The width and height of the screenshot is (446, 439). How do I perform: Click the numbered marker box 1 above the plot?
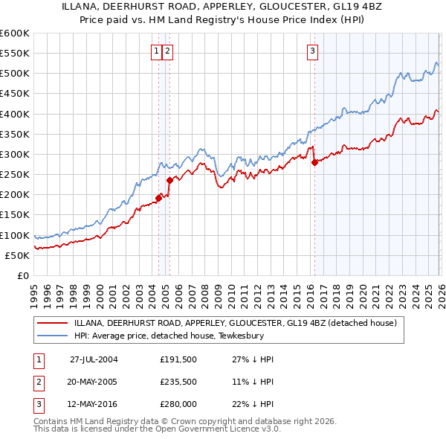[x=157, y=51]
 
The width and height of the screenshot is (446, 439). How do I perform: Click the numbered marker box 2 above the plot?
[x=167, y=51]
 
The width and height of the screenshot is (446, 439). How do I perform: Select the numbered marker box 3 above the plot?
[x=313, y=51]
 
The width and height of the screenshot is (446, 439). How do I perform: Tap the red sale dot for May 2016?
[x=314, y=162]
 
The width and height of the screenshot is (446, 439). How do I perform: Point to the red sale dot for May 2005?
[x=169, y=180]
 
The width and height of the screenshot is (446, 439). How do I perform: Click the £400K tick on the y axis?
[x=15, y=114]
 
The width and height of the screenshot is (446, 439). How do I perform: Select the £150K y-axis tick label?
[x=15, y=215]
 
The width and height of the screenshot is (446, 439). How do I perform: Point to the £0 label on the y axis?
[x=22, y=276]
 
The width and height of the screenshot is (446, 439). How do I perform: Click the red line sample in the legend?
[x=52, y=323]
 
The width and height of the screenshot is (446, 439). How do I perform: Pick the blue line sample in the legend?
[x=52, y=336]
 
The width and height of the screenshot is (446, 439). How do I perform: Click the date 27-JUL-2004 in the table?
[x=94, y=359]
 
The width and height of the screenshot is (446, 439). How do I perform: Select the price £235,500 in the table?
[x=178, y=382]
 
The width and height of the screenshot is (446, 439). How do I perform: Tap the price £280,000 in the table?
[x=178, y=404]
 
